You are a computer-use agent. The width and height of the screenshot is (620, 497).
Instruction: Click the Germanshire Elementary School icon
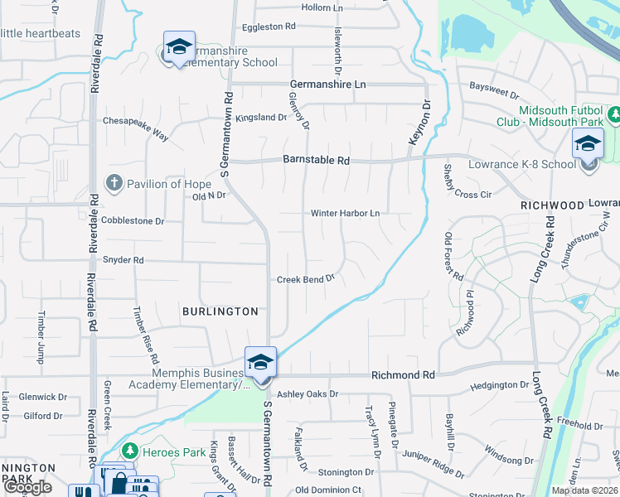coord(178,48)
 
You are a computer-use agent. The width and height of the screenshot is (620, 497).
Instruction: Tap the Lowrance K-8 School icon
coord(589,144)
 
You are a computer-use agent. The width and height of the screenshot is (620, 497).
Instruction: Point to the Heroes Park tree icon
coord(129,450)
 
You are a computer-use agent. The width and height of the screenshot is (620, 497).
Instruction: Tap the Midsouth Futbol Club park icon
coord(614,114)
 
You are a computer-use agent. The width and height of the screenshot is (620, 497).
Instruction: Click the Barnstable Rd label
coord(316,160)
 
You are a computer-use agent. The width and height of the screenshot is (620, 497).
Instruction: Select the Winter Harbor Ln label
coord(345,213)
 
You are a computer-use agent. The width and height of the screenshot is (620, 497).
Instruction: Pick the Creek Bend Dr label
coord(305,279)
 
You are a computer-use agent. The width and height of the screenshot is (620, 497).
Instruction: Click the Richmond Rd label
coord(403,375)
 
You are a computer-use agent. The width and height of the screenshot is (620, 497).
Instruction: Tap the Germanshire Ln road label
coord(328,84)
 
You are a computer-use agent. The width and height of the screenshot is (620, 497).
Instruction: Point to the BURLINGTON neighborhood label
coord(220,311)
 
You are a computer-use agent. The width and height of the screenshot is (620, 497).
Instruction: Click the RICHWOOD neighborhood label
coord(552,205)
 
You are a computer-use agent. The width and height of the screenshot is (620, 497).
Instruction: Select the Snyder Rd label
coord(123,260)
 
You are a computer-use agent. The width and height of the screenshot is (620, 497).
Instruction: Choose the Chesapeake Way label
coord(135,120)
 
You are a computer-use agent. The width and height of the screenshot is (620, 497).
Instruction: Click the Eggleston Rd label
coord(269,27)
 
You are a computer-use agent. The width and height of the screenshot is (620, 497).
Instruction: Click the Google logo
coord(28,487)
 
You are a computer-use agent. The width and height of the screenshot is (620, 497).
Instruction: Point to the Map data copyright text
coord(584,490)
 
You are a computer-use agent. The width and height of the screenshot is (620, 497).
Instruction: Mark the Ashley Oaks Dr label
coord(308,394)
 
